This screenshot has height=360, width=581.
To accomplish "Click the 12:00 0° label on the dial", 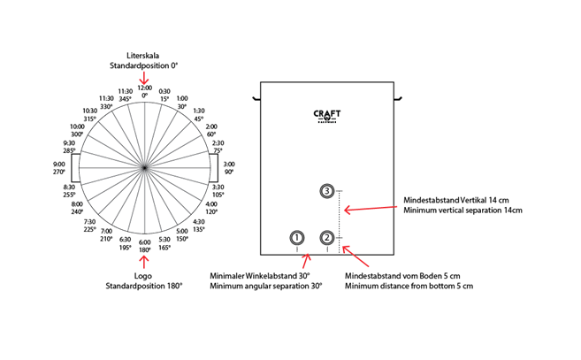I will (x=144, y=91).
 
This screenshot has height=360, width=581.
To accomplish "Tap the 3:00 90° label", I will (x=229, y=167).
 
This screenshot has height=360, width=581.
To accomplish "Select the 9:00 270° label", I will (x=59, y=167).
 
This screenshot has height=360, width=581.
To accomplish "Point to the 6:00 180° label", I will (x=145, y=246).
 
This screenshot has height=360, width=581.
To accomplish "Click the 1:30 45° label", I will (x=198, y=114).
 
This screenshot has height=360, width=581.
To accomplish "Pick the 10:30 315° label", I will (x=90, y=114).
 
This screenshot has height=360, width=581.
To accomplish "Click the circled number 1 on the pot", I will (x=297, y=237).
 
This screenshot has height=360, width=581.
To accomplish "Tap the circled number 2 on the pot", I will (x=328, y=237).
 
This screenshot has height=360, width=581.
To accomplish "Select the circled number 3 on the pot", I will (x=328, y=191).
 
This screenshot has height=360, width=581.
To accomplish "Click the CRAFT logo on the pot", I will (x=328, y=115).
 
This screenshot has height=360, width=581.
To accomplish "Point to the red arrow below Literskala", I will (x=144, y=78).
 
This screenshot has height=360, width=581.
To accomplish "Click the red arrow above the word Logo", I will (x=144, y=260).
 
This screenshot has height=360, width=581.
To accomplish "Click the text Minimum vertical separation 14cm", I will (x=463, y=211).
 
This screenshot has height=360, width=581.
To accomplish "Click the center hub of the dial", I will (x=144, y=167).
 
